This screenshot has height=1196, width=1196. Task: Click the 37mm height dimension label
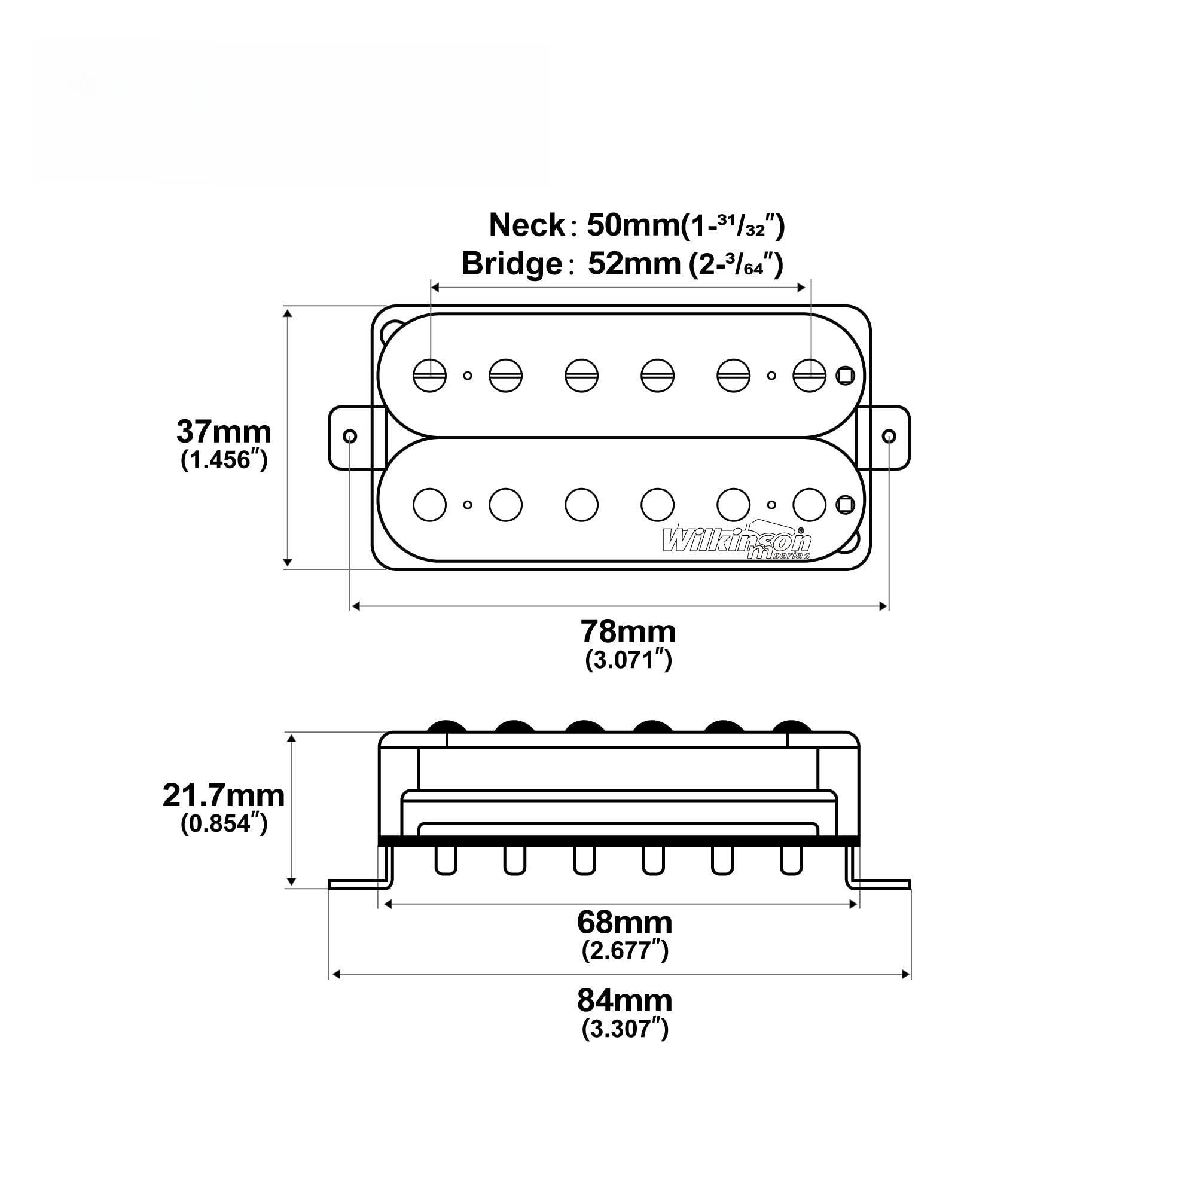click(x=224, y=432)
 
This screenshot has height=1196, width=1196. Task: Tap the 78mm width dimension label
click(x=628, y=631)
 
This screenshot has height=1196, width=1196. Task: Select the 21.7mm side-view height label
click(x=224, y=795)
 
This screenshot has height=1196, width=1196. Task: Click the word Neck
click(x=527, y=225)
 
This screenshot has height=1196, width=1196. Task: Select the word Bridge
click(x=511, y=264)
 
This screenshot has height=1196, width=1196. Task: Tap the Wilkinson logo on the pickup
click(x=736, y=542)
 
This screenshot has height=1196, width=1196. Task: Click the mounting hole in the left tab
click(x=349, y=436)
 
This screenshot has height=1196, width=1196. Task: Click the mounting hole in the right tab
click(x=889, y=436)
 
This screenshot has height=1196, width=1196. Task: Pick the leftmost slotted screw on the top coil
click(x=429, y=375)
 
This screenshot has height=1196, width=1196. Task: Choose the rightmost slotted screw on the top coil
click(x=809, y=375)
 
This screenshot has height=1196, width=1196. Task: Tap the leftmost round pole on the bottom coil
click(x=429, y=505)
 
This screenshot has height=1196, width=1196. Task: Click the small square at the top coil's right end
click(x=845, y=375)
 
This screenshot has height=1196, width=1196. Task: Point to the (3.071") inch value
click(x=628, y=661)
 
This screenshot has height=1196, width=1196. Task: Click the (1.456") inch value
click(x=224, y=460)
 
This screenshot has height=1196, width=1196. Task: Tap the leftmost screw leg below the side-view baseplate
click(x=445, y=861)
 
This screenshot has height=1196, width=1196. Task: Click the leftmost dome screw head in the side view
click(x=445, y=727)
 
